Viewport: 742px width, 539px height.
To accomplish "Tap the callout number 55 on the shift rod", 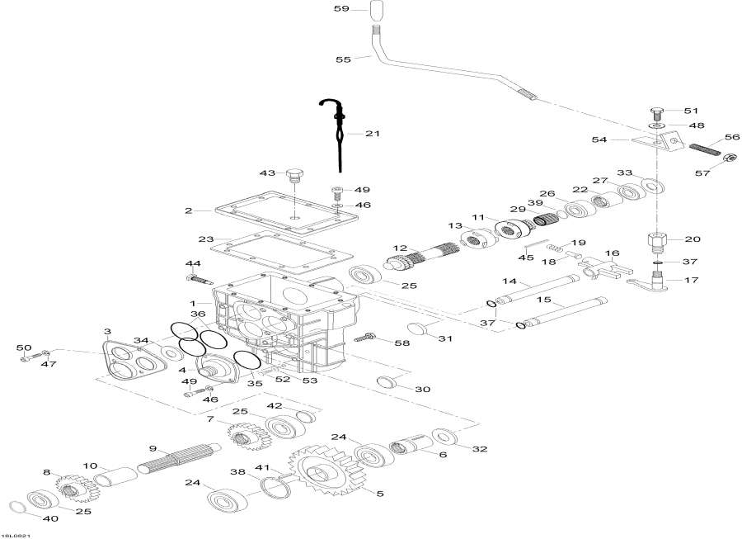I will [343, 59].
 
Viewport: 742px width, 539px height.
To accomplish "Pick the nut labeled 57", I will [729, 158].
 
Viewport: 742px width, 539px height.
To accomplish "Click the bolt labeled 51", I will [657, 111].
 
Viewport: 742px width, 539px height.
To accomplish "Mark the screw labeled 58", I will [365, 338].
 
